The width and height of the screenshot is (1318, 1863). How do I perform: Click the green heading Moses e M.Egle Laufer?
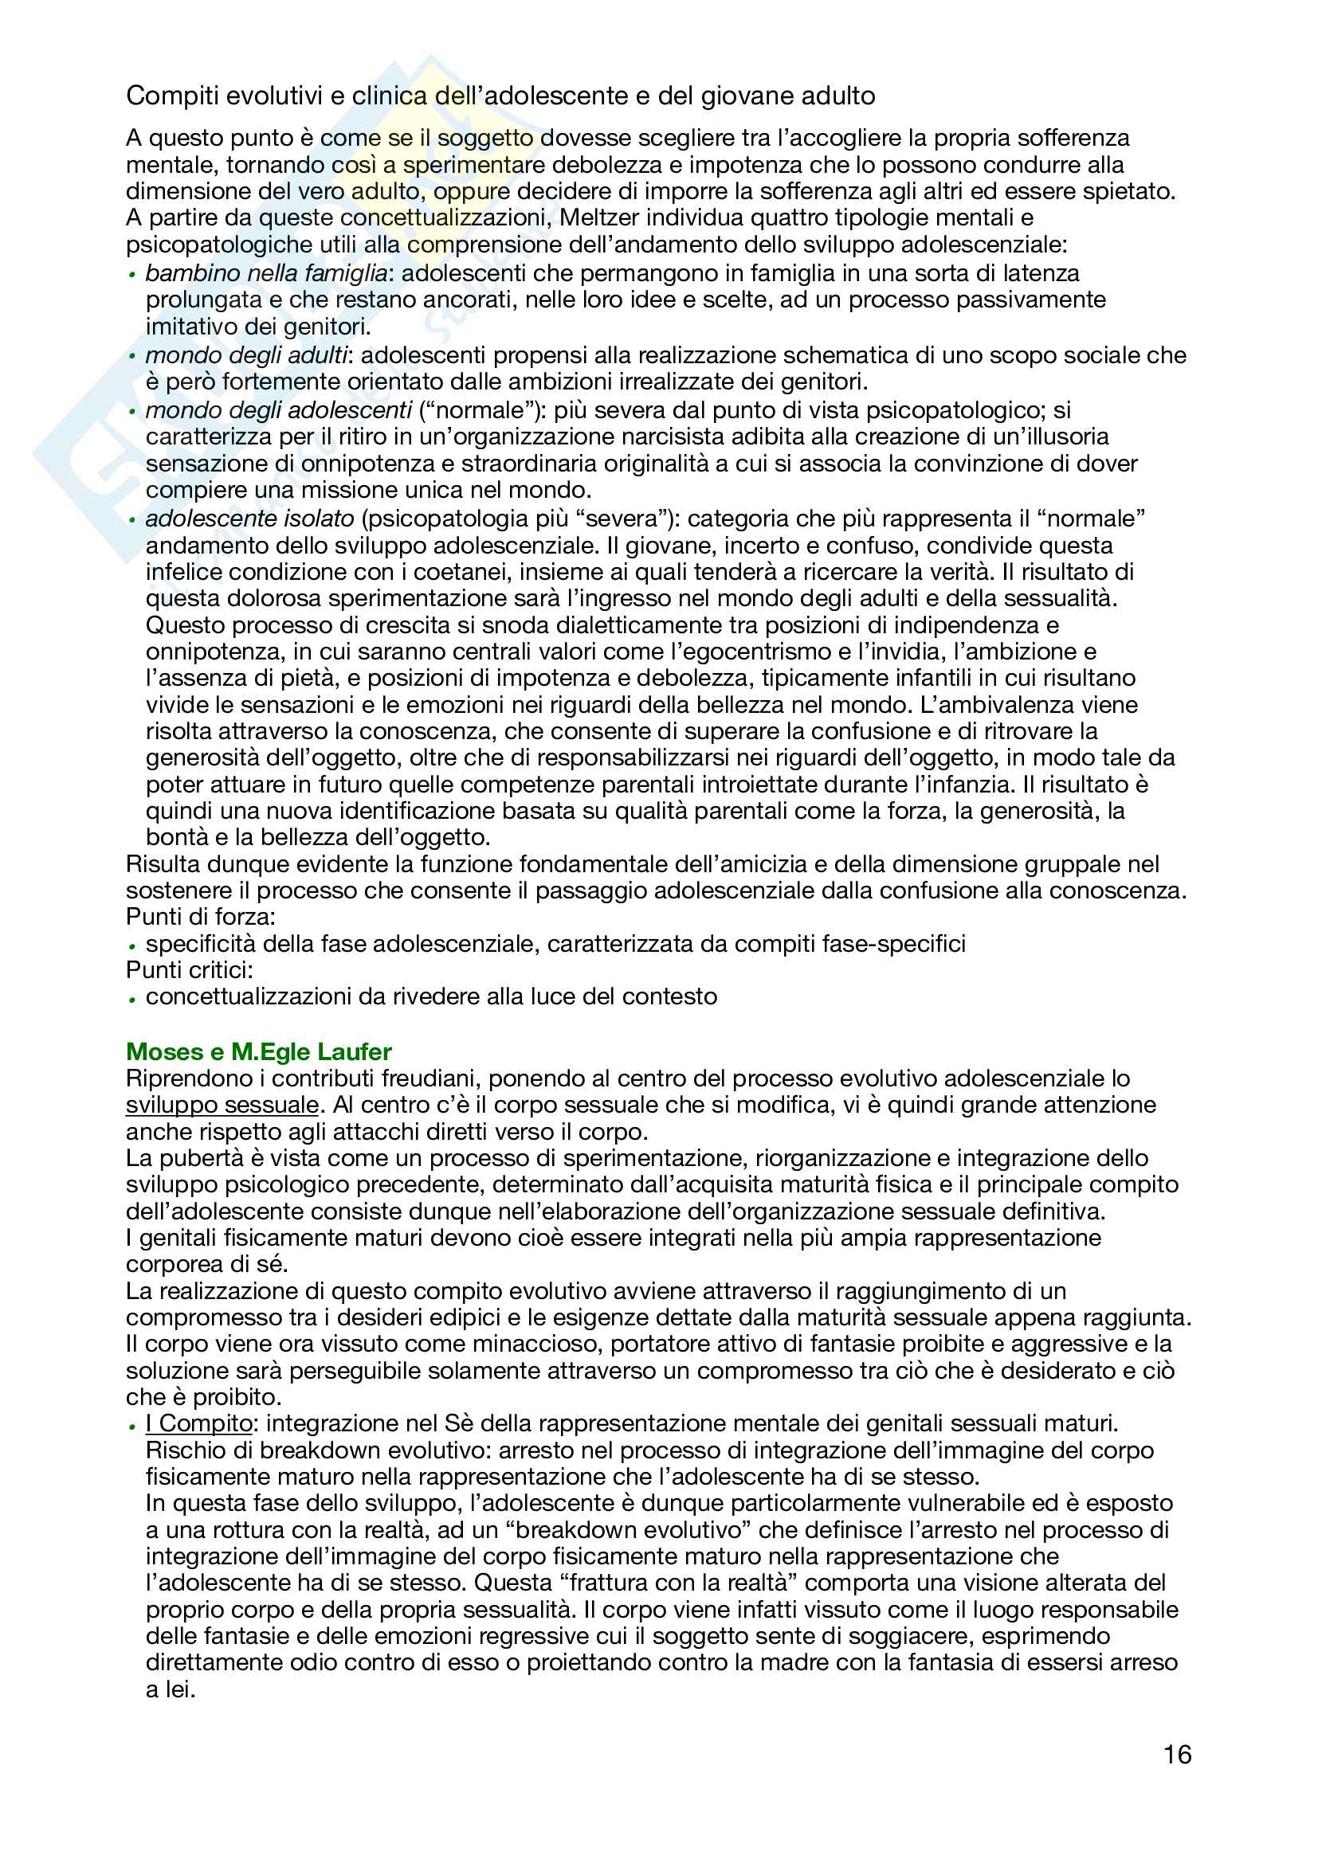coord(258,1051)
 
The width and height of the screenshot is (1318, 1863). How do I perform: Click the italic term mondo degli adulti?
coord(247,354)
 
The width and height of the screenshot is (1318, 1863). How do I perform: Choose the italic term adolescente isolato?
coord(250,518)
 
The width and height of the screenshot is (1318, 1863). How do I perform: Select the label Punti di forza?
coord(201,917)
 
